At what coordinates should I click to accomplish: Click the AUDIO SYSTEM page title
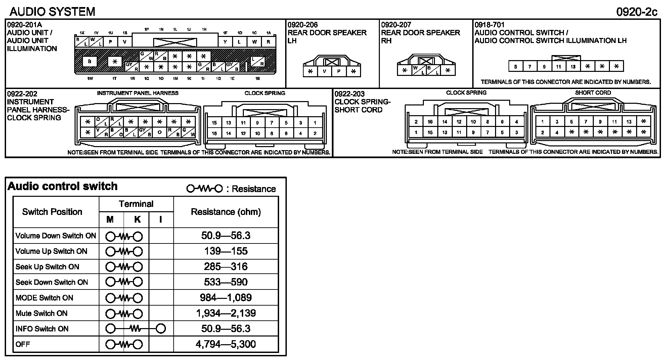pos(52,12)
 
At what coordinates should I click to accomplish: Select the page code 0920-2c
pos(636,12)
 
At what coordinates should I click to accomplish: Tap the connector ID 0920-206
pos(303,25)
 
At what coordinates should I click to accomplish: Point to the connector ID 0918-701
pos(489,25)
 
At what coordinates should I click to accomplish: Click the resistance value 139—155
pos(226,251)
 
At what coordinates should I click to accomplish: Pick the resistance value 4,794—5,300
pos(226,344)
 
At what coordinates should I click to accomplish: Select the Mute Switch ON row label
pos(42,313)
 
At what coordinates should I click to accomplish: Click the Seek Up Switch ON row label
pos(47,267)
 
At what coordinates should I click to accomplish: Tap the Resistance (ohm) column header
pos(226,212)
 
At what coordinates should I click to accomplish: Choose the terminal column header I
pos(161,220)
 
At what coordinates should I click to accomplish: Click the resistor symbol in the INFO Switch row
pos(136,329)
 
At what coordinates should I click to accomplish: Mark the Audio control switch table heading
pos(62,186)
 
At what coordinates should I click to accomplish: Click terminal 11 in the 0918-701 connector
pos(559,66)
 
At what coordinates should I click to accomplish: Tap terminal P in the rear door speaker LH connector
pos(339,71)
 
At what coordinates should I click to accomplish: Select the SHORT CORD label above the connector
pos(593,93)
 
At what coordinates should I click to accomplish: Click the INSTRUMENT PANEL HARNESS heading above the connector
pos(138,93)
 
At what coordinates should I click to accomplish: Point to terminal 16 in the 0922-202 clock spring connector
pos(214,133)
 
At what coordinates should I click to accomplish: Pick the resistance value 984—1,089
pos(226,298)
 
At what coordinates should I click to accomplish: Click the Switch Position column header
pos(52,212)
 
